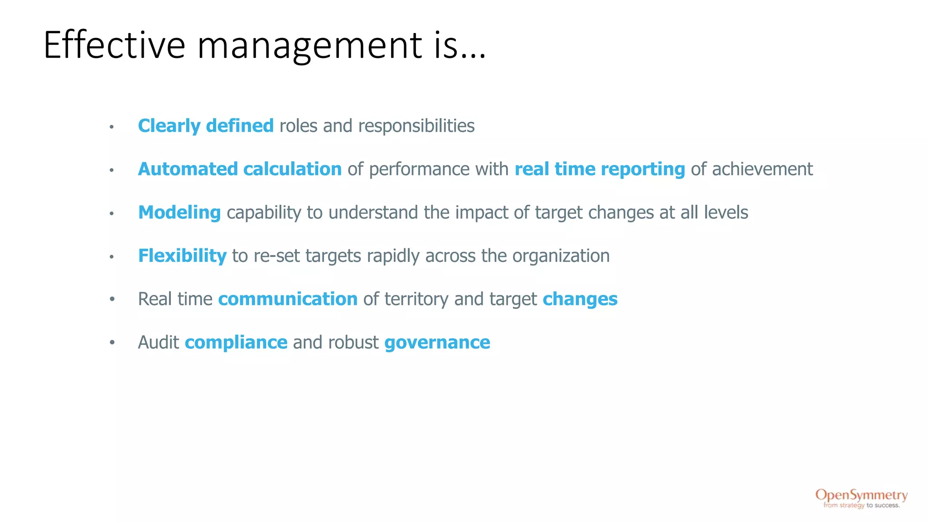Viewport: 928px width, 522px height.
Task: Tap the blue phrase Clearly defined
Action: [x=206, y=126]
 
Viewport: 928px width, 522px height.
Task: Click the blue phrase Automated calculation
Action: [x=240, y=169]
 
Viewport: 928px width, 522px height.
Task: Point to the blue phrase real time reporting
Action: [x=599, y=169]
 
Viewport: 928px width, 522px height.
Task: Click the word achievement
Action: [x=762, y=169]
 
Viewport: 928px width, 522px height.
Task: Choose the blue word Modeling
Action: [x=179, y=213]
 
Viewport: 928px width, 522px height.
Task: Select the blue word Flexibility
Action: [x=182, y=256]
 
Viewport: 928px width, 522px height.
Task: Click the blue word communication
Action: [x=288, y=299]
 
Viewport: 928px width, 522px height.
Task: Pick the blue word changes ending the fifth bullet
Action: [x=580, y=299]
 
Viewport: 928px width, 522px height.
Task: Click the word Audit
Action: [x=159, y=342]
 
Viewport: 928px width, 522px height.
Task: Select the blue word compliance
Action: [x=236, y=343]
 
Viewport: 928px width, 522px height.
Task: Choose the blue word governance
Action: [x=437, y=343]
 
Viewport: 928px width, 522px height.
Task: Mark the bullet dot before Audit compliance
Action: [x=112, y=343]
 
